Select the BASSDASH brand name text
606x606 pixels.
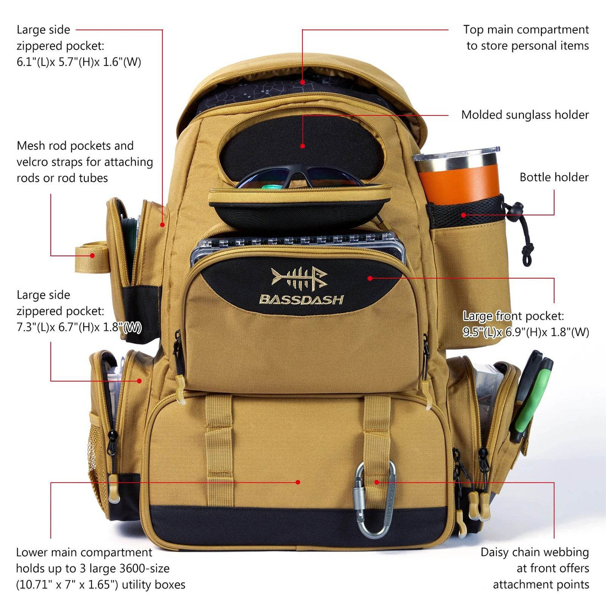(301, 300)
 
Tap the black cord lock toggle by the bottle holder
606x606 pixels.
(516, 210)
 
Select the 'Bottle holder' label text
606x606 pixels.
(554, 177)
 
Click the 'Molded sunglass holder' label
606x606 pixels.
(524, 115)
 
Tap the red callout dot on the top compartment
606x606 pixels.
(302, 83)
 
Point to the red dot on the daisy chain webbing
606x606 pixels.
(377, 482)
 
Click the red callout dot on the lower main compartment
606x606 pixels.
(298, 482)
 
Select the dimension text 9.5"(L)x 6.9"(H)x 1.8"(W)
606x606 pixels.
(526, 332)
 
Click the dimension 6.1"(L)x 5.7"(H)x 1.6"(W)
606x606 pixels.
(79, 62)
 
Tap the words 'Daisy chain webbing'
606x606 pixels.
(534, 552)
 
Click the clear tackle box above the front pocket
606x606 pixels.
(297, 242)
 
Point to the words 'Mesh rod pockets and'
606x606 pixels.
(75, 146)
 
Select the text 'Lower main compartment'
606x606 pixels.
(84, 552)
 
